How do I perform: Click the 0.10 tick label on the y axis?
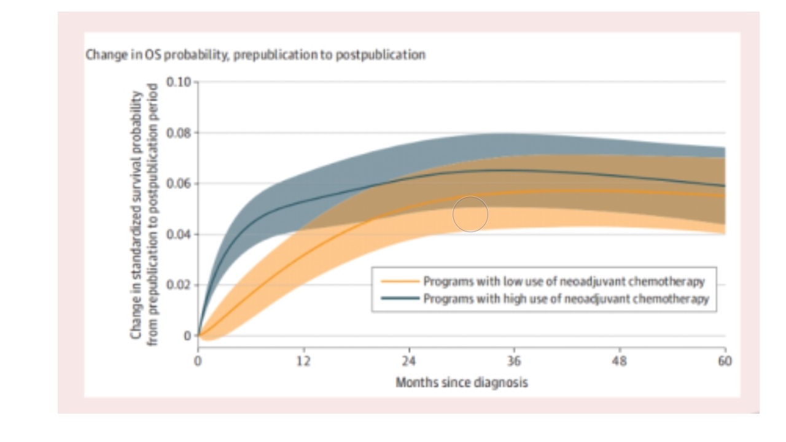coord(179,82)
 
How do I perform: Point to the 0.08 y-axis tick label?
coord(179,133)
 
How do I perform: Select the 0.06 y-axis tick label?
coord(179,184)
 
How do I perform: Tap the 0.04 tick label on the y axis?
coord(179,235)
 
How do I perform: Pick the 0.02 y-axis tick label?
coord(179,285)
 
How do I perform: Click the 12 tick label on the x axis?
coord(303,361)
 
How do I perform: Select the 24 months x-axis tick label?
coord(409,361)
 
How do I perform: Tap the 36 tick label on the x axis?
coord(514,361)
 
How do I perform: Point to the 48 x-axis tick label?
coord(620,361)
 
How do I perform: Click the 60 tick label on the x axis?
coord(725,361)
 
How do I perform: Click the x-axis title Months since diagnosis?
coord(461,382)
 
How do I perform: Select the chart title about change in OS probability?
coord(255,55)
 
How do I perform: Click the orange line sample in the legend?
coord(400,282)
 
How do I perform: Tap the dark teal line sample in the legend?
coord(400,299)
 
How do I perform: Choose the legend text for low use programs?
coord(564,282)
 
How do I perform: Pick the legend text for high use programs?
coord(566,299)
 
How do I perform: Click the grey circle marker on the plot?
coord(470,214)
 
